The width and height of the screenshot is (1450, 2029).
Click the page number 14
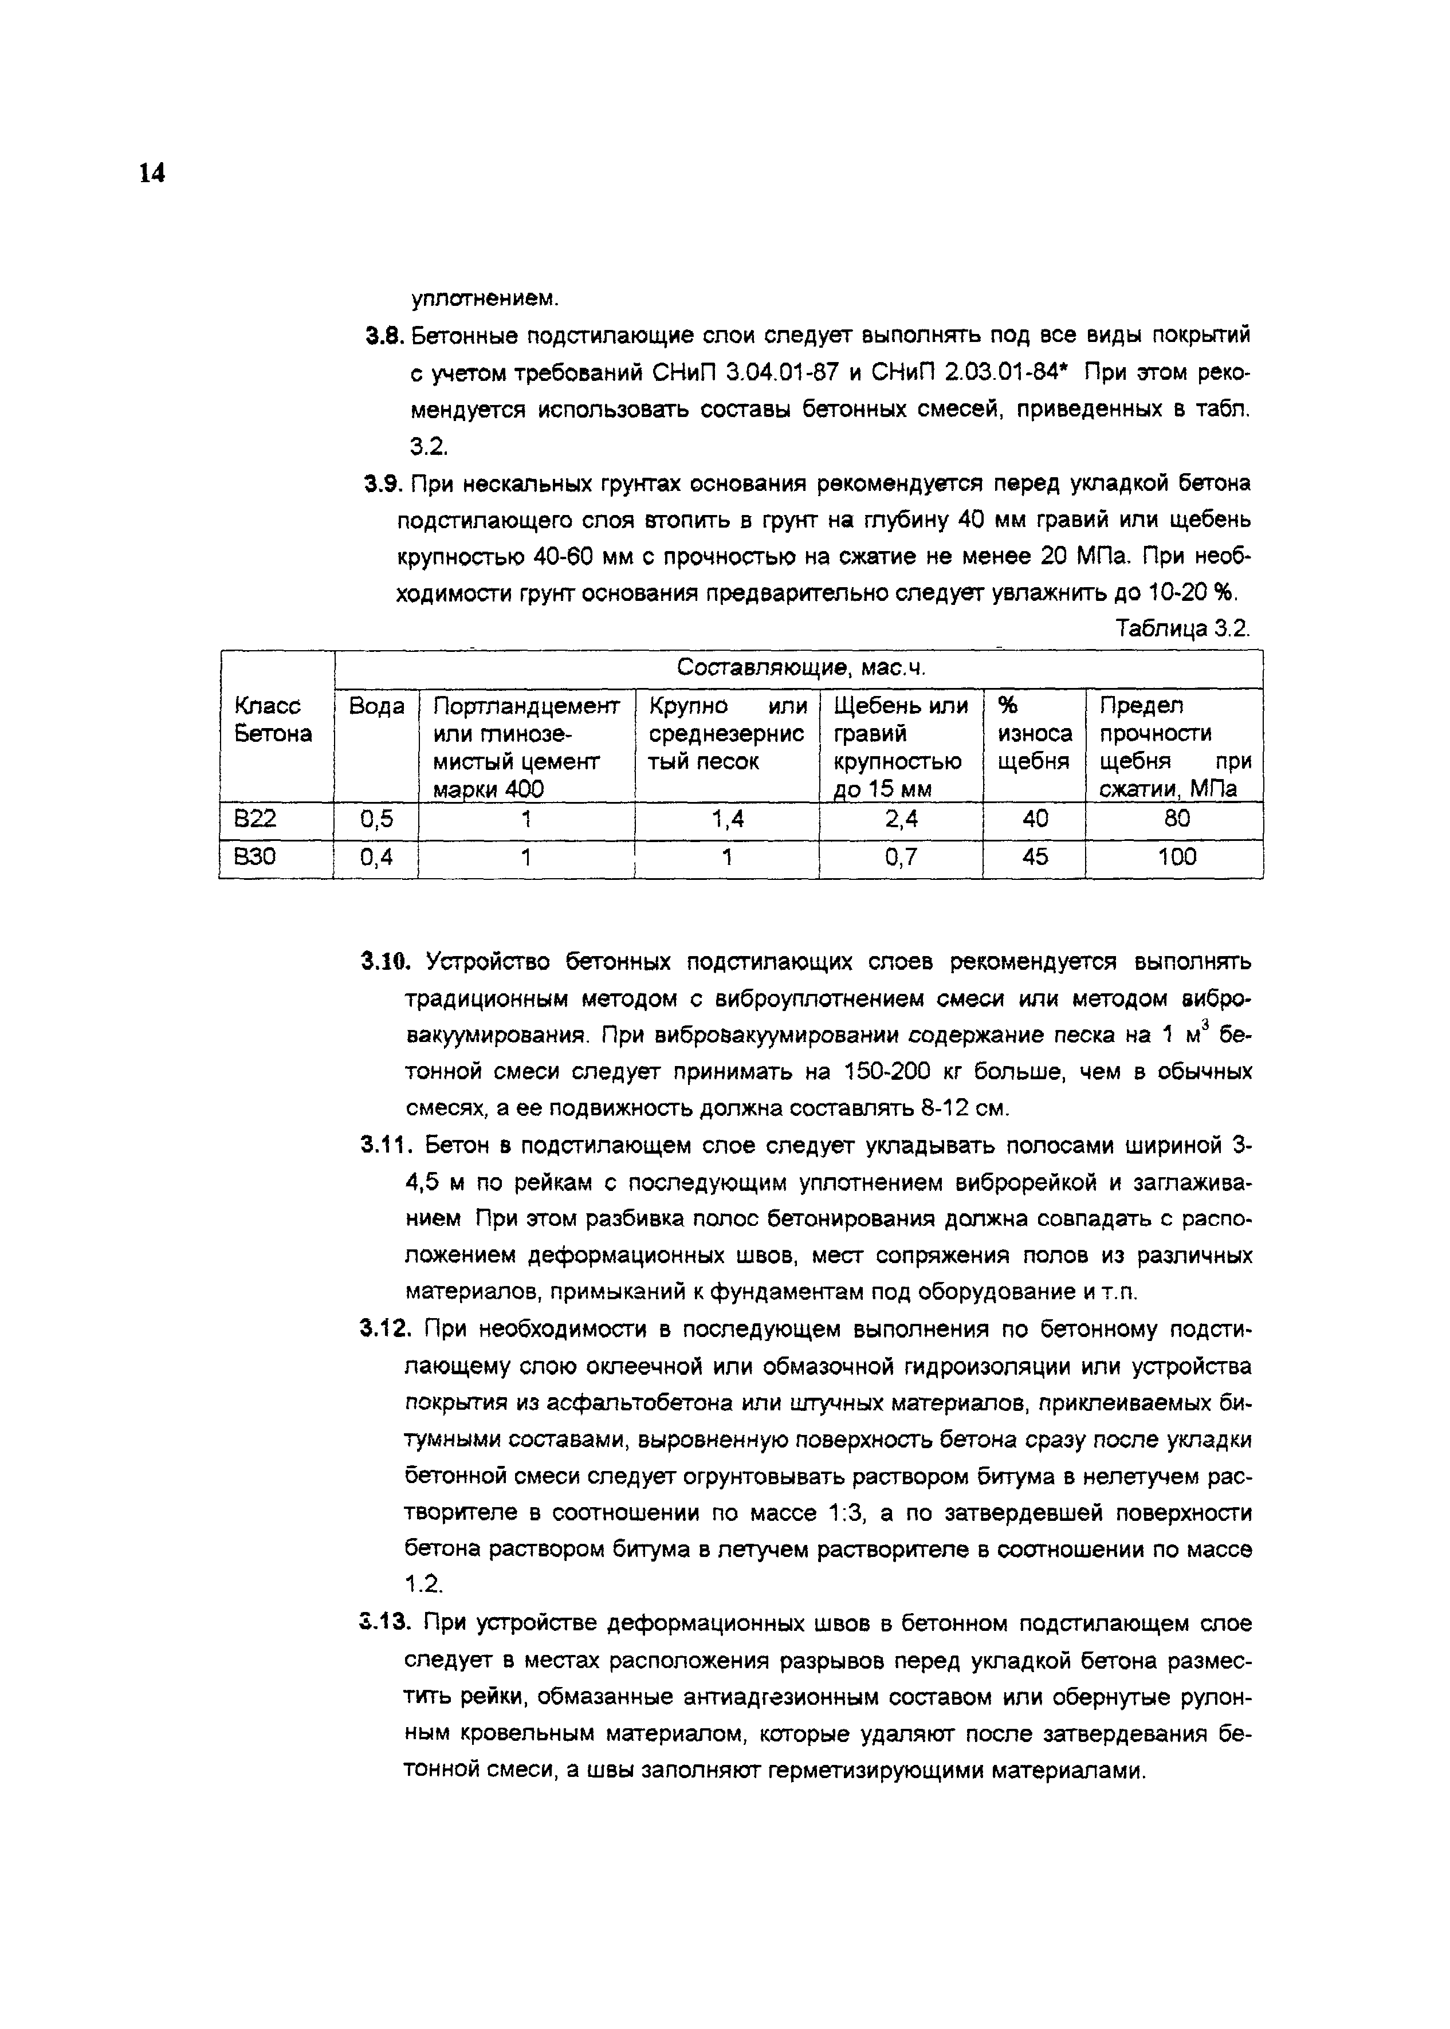click(x=152, y=173)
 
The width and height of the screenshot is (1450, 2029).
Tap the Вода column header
click(x=376, y=706)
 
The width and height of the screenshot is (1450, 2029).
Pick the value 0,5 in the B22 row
click(x=376, y=819)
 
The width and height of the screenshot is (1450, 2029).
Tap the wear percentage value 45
click(x=1035, y=857)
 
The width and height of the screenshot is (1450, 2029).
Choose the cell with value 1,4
click(x=727, y=819)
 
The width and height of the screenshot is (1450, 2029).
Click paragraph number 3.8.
click(x=385, y=336)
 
